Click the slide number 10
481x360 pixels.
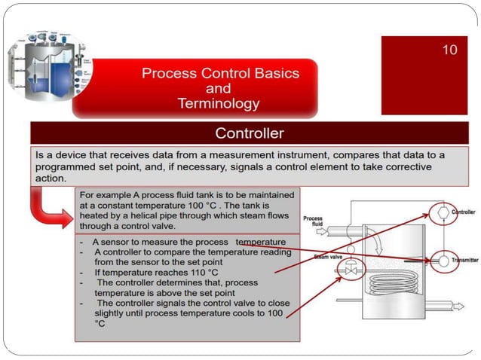449,50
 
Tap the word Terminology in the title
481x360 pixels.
219,104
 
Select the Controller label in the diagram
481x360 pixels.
462,213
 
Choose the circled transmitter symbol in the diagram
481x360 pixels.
443,260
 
